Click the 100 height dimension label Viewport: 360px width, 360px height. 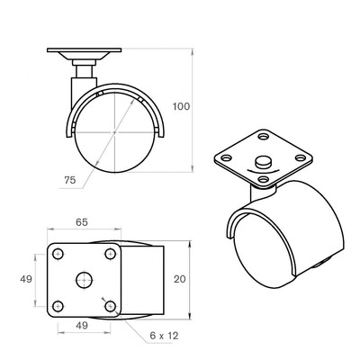(181, 106)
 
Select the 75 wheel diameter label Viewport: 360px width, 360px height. (70, 180)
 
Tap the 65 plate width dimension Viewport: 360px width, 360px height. (82, 222)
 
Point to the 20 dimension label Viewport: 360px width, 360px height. (180, 279)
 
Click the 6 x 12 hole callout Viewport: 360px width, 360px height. (164, 336)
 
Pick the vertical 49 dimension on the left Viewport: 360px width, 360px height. (26, 279)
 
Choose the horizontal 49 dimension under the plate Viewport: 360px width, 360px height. (82, 325)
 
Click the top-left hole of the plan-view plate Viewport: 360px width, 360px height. (58, 255)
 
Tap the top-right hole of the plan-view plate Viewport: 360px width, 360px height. (111, 255)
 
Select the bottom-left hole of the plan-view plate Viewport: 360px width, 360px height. (58, 306)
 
